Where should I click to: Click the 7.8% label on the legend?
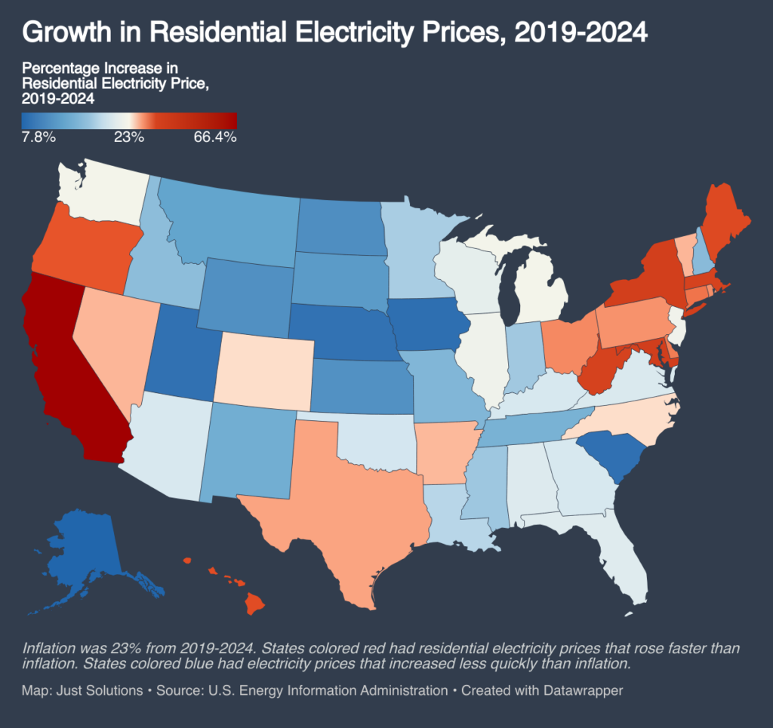pos(38,137)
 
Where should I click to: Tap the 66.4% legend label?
pos(215,137)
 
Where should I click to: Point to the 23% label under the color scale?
pos(129,137)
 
